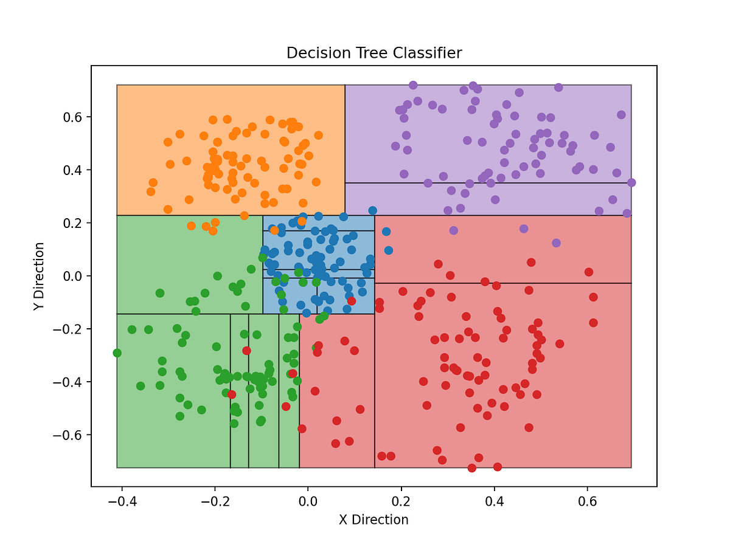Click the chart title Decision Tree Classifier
[374, 53]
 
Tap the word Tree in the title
[373, 53]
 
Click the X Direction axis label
[374, 520]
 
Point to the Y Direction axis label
[40, 277]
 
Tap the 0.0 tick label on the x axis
[308, 502]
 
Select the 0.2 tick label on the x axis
[401, 502]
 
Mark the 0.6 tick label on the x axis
[587, 502]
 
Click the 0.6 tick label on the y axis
[75, 117]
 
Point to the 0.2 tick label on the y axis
[75, 223]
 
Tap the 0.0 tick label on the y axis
[75, 276]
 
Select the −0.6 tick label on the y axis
[71, 435]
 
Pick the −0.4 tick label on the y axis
[71, 382]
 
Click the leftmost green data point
[117, 353]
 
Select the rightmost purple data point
[631, 182]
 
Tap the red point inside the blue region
[351, 301]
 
